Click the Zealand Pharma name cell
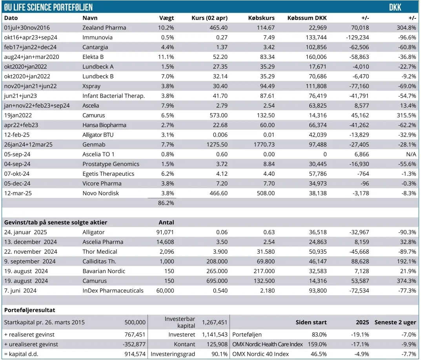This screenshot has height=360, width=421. point(104,27)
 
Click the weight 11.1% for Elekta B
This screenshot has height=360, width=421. point(166,57)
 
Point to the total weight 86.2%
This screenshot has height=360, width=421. point(166,203)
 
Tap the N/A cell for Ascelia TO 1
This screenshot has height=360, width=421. point(410,154)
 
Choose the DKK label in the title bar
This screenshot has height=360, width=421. point(395,7)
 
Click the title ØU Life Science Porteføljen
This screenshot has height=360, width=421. point(48,7)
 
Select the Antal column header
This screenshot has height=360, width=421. point(166,222)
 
